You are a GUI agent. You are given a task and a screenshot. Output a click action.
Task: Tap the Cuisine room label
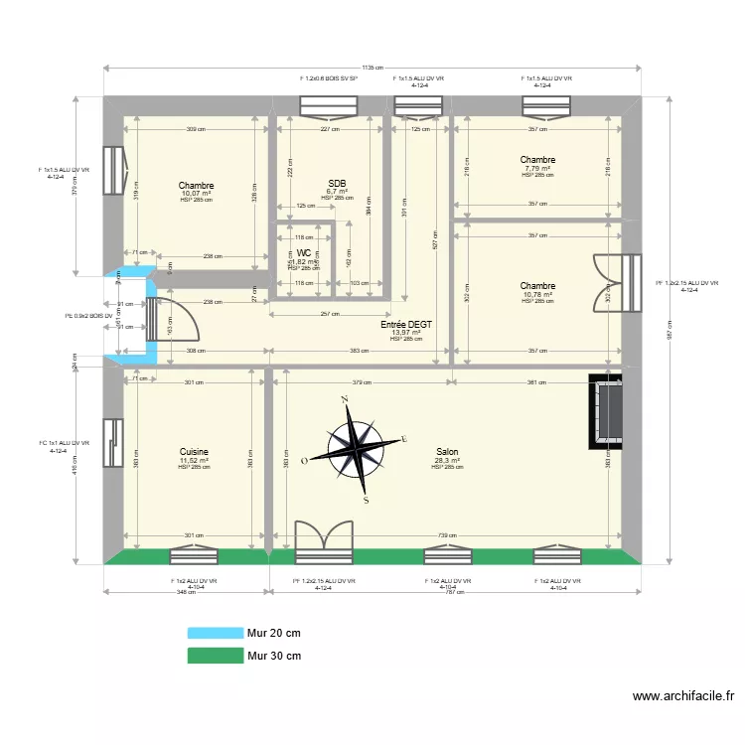194,452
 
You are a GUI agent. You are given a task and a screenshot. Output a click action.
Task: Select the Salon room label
446,452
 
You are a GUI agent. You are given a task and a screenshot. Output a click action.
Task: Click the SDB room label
337,184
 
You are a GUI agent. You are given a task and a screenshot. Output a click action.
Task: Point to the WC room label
303,253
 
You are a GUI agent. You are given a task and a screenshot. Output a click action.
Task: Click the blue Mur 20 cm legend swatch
215,633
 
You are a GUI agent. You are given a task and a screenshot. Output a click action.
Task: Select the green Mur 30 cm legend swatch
215,656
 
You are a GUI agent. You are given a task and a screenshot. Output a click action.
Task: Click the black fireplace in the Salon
605,409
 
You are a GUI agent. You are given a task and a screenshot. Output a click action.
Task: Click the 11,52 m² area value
195,461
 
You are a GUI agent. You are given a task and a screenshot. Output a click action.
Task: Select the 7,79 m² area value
537,168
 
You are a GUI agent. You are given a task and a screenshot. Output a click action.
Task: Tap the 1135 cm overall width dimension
373,69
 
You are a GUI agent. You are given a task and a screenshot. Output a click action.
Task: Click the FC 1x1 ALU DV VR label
65,443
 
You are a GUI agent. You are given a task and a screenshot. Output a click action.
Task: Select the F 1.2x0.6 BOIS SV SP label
328,77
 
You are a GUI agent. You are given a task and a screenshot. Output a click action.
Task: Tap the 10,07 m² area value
197,194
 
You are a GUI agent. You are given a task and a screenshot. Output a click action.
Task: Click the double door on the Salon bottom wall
324,536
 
